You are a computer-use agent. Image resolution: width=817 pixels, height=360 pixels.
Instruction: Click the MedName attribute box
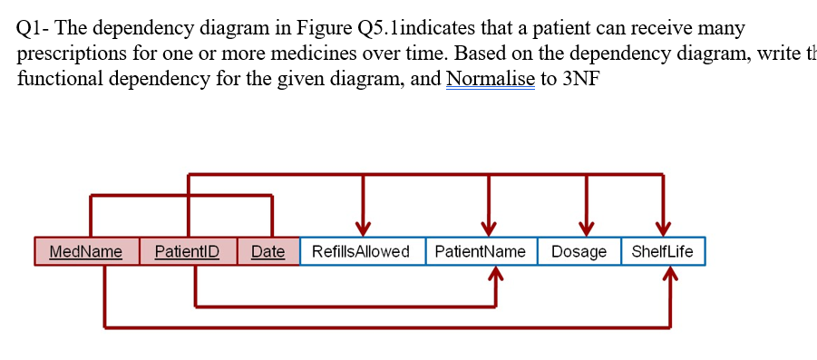click(x=86, y=251)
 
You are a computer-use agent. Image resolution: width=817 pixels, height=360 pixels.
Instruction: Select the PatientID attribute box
click(x=187, y=251)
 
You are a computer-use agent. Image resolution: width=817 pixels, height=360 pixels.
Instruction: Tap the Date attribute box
click(x=267, y=251)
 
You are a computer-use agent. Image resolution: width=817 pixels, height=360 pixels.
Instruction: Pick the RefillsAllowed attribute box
click(x=361, y=251)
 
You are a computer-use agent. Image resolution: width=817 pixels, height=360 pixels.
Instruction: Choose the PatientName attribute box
click(x=481, y=251)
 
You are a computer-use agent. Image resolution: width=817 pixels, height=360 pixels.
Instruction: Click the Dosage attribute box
click(x=579, y=251)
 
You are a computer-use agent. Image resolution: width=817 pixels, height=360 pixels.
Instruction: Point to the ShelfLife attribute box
click(x=662, y=251)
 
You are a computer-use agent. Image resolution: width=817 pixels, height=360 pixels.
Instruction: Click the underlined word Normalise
click(x=490, y=78)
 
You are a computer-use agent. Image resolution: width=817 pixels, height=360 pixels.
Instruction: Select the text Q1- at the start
click(x=34, y=28)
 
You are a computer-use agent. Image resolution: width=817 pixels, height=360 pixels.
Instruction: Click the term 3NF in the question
click(x=581, y=78)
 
